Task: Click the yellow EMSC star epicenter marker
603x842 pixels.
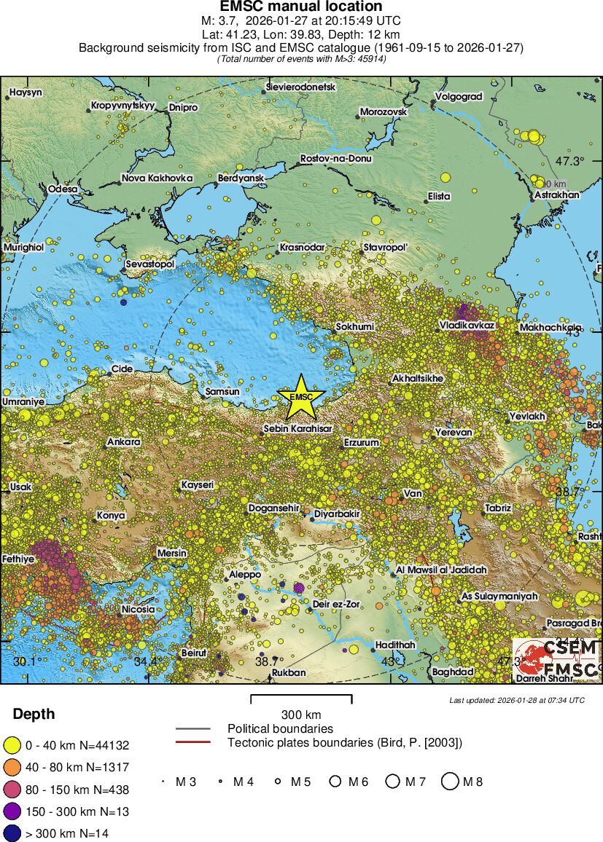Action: coord(300,396)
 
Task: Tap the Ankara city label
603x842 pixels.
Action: coord(124,442)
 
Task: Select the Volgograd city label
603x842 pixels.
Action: coord(459,96)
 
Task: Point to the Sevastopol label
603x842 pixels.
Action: coord(150,264)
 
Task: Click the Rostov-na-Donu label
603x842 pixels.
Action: coord(336,158)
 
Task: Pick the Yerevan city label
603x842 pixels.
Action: coord(454,432)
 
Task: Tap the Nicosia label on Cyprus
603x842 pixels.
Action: coord(138,609)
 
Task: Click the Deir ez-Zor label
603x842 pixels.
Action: coord(336,604)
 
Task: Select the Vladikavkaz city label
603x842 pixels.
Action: coord(467,324)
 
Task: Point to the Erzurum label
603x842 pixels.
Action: coord(362,442)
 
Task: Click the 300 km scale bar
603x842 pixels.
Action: coord(301,700)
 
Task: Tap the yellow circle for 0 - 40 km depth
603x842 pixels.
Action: coord(12,745)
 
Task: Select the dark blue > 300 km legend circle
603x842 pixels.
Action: coord(12,833)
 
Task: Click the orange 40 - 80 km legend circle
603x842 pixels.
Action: coord(12,767)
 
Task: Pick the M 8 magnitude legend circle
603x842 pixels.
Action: coord(450,782)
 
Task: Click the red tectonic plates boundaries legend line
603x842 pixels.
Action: coord(192,743)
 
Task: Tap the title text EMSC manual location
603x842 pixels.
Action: coord(301,7)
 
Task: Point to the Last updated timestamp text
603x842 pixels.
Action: coord(516,700)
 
